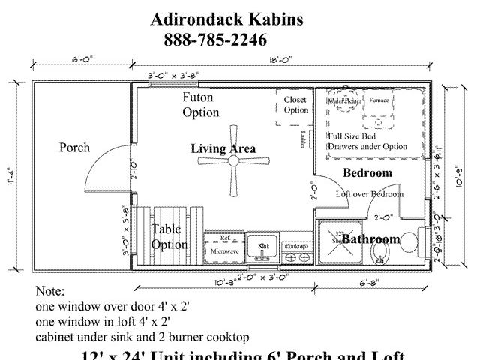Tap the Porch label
click(x=74, y=147)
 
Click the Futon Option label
click(x=200, y=105)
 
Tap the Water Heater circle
click(x=345, y=101)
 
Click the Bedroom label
click(x=367, y=173)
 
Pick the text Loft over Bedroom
click(x=369, y=193)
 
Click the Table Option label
click(x=169, y=237)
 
